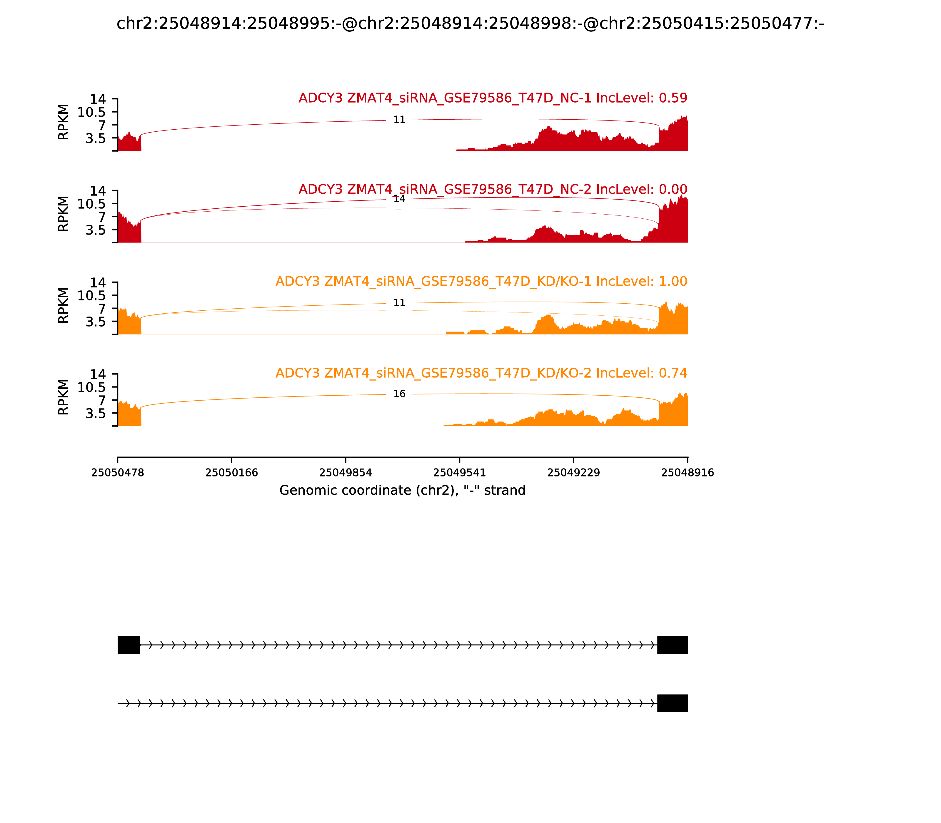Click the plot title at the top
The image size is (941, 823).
[470, 24]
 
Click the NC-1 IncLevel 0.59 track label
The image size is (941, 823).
[493, 98]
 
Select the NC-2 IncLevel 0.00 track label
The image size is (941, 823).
[493, 189]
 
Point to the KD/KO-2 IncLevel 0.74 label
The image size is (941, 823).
[481, 373]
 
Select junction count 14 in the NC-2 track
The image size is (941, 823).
[399, 199]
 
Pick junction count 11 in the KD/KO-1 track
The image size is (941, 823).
[399, 303]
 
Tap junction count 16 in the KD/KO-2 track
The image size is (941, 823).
[399, 394]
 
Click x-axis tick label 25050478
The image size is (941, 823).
[118, 473]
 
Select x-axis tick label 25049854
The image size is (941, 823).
[346, 473]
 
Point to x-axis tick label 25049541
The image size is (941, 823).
[459, 473]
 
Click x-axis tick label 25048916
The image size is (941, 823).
[688, 473]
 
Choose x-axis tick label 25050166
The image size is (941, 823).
[232, 473]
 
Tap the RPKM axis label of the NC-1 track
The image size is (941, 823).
[64, 122]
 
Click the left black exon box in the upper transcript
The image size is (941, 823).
[129, 645]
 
